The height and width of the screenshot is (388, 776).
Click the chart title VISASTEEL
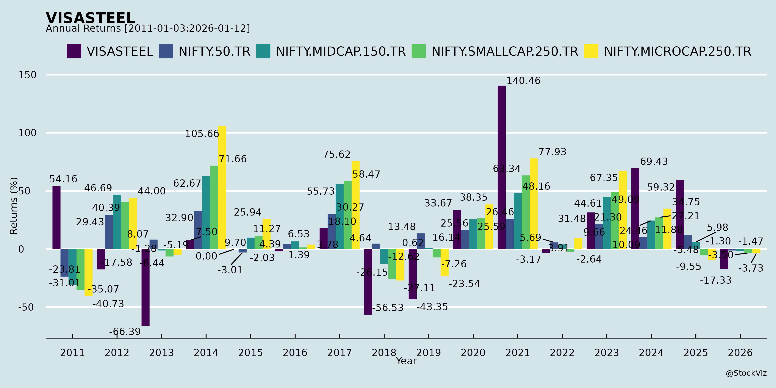click(90, 18)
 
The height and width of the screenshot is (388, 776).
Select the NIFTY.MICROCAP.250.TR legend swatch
click(591, 51)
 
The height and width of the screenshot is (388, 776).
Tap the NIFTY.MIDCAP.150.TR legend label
click(341, 52)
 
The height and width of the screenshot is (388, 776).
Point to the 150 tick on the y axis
click(27, 75)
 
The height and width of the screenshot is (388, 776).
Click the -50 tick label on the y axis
click(26, 307)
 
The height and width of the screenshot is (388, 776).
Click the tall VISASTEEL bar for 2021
click(502, 167)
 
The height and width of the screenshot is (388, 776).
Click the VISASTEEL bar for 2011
click(56, 217)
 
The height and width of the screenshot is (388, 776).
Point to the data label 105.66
click(202, 134)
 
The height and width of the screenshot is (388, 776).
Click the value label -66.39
click(125, 332)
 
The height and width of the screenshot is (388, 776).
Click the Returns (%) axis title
click(14, 206)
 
